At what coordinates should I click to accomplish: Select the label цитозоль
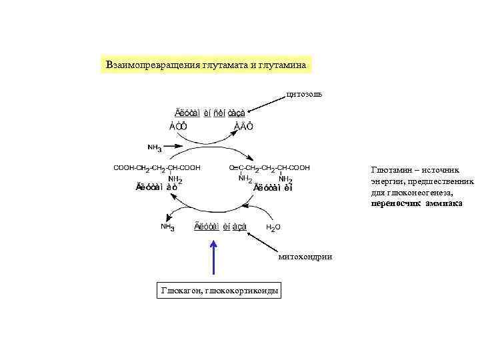[x=304, y=93]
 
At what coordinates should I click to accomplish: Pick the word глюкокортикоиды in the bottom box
[x=243, y=290]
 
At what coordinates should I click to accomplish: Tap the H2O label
[x=273, y=227]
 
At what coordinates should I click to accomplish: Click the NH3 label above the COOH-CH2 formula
[x=154, y=147]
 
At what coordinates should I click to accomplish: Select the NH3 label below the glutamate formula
[x=168, y=227]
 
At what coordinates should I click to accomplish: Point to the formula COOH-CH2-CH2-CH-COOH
[x=157, y=168]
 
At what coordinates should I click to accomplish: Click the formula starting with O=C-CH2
[x=269, y=168]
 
